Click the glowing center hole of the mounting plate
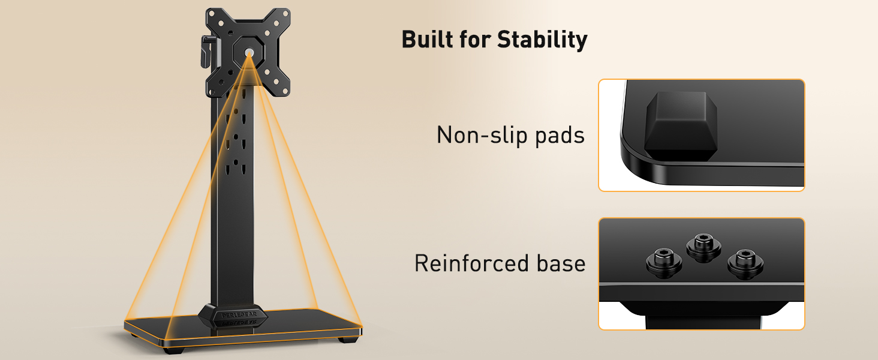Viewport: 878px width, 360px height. point(249,53)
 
